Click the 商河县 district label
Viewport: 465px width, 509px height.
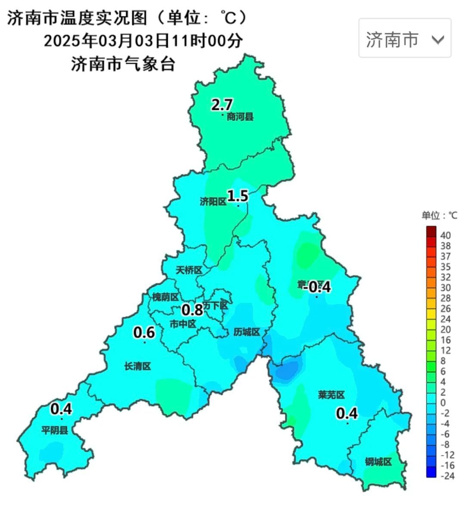point(240,117)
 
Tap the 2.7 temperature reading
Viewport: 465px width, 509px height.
point(222,105)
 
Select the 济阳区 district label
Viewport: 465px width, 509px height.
point(213,202)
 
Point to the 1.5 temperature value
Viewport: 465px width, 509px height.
point(238,196)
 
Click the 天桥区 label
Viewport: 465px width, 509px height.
point(189,270)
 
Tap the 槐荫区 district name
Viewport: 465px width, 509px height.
point(165,297)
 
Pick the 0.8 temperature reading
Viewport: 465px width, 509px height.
point(192,309)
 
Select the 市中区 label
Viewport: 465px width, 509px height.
point(183,324)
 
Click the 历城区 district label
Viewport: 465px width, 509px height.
point(247,332)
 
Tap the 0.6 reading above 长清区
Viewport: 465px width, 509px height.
point(144,332)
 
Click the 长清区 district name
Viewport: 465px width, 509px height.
point(138,366)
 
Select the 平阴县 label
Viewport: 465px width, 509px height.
point(55,430)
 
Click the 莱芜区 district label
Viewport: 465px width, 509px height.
point(332,395)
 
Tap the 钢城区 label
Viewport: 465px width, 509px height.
point(378,462)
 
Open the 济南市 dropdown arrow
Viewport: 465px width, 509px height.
point(437,40)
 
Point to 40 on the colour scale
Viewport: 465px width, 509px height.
point(446,236)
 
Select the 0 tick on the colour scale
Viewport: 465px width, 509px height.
point(443,403)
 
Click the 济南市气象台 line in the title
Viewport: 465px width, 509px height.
point(123,65)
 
